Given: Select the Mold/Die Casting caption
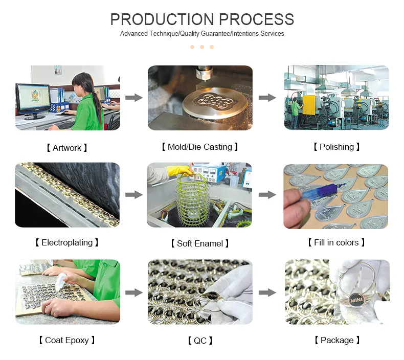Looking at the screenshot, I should pyautogui.click(x=200, y=147).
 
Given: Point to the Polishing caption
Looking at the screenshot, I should pyautogui.click(x=336, y=147).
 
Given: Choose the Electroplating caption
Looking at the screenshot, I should pyautogui.click(x=67, y=242).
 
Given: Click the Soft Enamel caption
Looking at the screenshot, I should pyautogui.click(x=200, y=243).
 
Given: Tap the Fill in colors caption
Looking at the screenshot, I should pyautogui.click(x=336, y=242).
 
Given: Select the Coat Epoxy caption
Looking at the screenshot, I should pyautogui.click(x=67, y=340).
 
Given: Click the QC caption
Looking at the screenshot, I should pyautogui.click(x=200, y=341).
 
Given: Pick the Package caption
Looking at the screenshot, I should pyautogui.click(x=336, y=340).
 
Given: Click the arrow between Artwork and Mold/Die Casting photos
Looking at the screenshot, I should pyautogui.click(x=134, y=98).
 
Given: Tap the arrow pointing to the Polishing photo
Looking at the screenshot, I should pyautogui.click(x=267, y=98).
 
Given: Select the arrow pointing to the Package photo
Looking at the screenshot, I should pyautogui.click(x=267, y=292).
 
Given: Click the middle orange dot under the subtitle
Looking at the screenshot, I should pyautogui.click(x=202, y=47).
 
